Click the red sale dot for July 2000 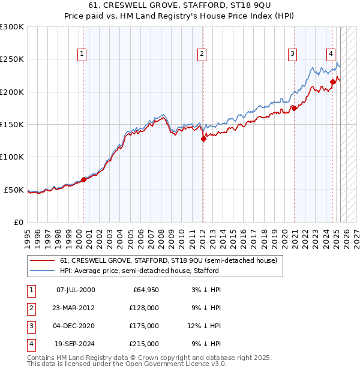pyautogui.click(x=83, y=179)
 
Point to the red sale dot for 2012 pyautogui.click(x=203, y=139)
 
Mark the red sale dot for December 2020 pyautogui.click(x=294, y=108)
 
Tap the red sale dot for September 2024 pyautogui.click(x=332, y=82)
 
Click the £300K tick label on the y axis pyautogui.click(x=11, y=27)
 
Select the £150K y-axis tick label pyautogui.click(x=11, y=124)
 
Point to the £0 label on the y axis pyautogui.click(x=18, y=222)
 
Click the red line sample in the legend pyautogui.click(x=42, y=261)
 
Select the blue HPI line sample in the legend pyautogui.click(x=42, y=271)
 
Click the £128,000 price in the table pyautogui.click(x=144, y=308)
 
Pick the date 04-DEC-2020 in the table pyautogui.click(x=75, y=326)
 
